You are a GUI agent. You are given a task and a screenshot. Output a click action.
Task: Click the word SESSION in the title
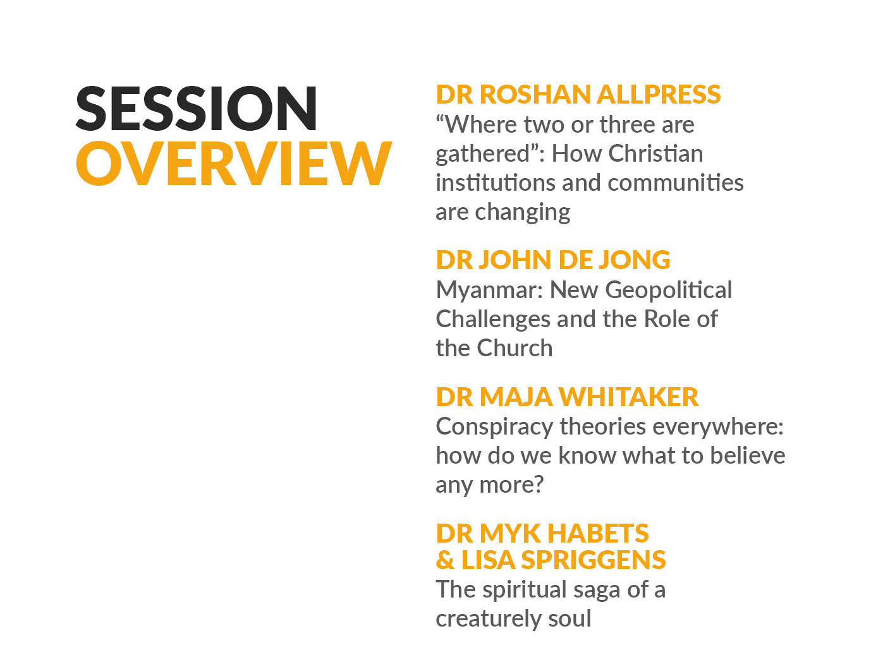click(x=197, y=108)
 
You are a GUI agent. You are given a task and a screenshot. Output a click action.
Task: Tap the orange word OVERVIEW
click(x=234, y=163)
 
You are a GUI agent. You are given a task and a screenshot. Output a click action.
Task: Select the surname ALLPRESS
click(x=659, y=94)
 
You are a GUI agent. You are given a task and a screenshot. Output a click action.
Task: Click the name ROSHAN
click(x=535, y=94)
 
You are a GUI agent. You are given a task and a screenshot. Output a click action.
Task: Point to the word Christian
click(x=655, y=153)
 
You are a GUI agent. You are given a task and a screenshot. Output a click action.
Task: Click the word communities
click(x=676, y=183)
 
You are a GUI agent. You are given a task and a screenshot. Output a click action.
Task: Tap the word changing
click(x=523, y=213)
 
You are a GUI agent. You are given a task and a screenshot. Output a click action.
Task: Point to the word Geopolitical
click(x=669, y=291)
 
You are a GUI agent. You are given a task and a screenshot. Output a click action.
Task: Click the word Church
click(x=515, y=348)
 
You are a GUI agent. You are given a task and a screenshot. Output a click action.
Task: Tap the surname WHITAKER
click(x=628, y=397)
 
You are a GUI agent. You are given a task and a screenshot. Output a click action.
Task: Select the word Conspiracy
click(x=494, y=428)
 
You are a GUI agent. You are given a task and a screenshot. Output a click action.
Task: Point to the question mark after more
click(x=538, y=484)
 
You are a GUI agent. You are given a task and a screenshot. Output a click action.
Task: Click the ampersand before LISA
click(x=445, y=560)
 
